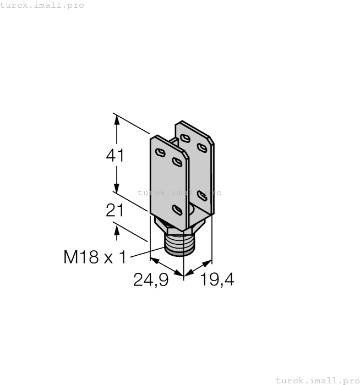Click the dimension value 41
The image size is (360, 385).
pyautogui.click(x=115, y=156)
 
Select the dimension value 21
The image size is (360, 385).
pyautogui.click(x=114, y=210)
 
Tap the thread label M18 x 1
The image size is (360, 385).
pyautogui.click(x=95, y=256)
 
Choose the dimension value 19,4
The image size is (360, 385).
pyautogui.click(x=217, y=280)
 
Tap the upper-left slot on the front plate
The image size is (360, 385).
pyautogui.click(x=160, y=152)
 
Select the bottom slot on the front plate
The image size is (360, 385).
pyautogui.click(x=177, y=209)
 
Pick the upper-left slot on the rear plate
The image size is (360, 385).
pyautogui.click(x=186, y=138)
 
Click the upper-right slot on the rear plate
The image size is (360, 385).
pyautogui.click(x=203, y=147)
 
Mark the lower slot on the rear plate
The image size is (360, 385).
pyautogui.click(x=202, y=196)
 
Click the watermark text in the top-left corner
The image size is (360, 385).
pyautogui.click(x=42, y=5)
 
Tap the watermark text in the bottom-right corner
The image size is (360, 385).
pyautogui.click(x=317, y=380)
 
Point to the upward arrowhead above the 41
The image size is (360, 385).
pyautogui.click(x=116, y=119)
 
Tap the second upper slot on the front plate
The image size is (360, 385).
pyautogui.click(x=177, y=161)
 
